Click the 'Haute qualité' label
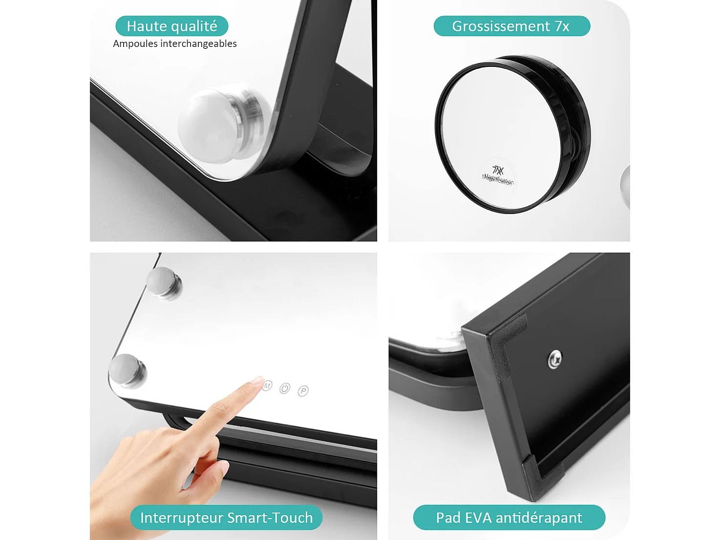172,26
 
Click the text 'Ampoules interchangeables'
175,43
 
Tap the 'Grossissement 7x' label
511,26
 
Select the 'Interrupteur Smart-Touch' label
226,518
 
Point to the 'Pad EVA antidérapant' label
509,518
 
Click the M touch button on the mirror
267,386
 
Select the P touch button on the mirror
303,391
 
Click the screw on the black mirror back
555,359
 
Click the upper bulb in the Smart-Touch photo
164,282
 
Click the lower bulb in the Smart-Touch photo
127,369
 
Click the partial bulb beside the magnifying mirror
625,186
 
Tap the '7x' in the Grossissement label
562,26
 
